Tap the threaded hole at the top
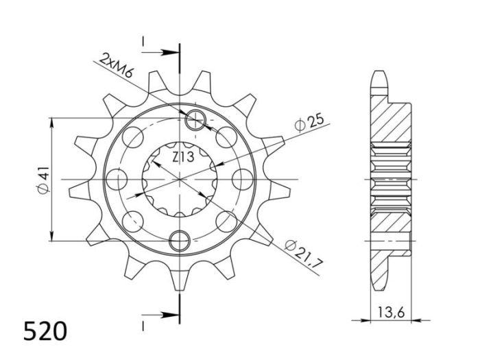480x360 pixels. point(195,121)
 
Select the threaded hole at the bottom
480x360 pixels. point(180,240)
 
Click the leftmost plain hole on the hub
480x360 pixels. point(120,180)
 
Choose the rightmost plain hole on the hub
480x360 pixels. point(241,180)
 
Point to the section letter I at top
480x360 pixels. point(143,43)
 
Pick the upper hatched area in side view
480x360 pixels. point(392,123)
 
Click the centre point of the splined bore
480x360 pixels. point(180,180)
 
